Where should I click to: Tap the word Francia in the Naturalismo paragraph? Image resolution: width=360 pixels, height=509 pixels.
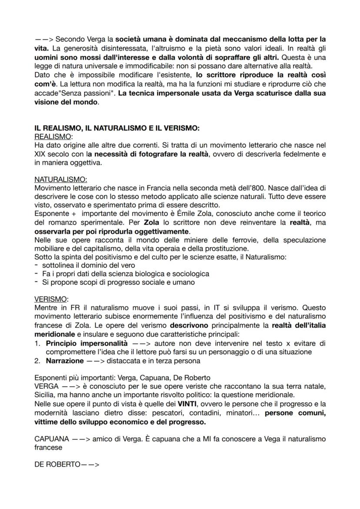(x=145, y=188)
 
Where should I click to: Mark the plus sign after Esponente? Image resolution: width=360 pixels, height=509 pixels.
(x=74, y=213)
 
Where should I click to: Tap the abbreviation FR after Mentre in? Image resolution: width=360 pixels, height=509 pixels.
(x=75, y=308)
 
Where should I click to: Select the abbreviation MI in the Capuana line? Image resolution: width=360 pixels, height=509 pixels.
(x=180, y=439)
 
